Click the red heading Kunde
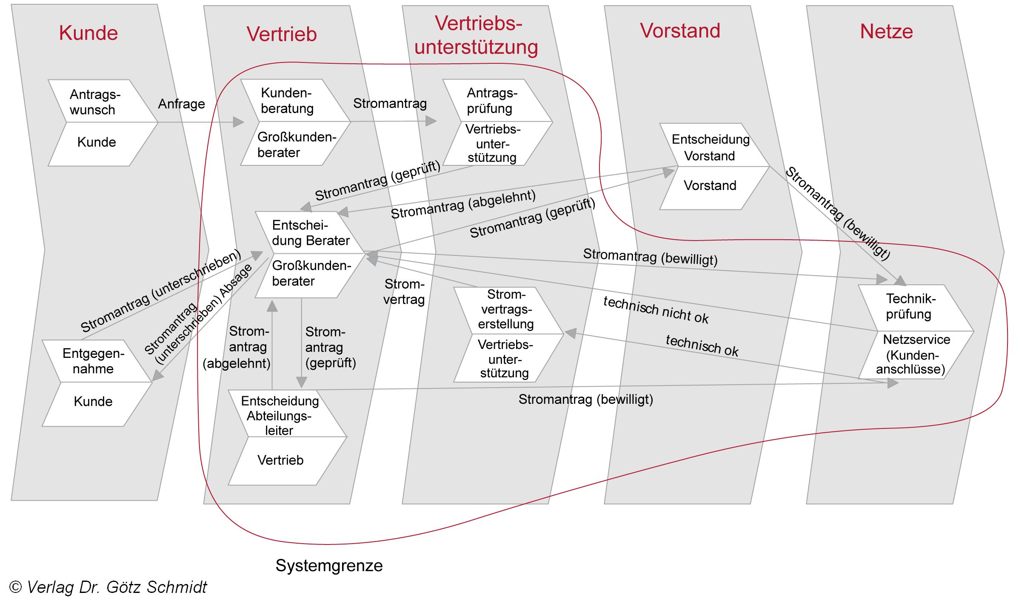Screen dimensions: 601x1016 coord(88,33)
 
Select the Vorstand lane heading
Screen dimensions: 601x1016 coord(679,31)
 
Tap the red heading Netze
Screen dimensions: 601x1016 coord(886,31)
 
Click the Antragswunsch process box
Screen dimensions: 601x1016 coord(95,102)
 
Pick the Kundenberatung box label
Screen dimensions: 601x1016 coord(287,101)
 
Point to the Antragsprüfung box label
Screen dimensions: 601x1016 coord(492,101)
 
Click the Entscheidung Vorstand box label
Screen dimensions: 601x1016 coord(710,147)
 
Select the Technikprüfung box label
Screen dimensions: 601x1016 coord(910,306)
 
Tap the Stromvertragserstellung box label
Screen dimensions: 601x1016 coord(505,309)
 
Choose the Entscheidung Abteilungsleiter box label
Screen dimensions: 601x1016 coord(280,415)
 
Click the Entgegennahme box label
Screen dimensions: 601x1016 coord(93,361)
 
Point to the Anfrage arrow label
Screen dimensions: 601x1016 coord(182,104)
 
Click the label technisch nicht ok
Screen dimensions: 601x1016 coord(656,310)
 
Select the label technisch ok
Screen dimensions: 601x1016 coord(702,345)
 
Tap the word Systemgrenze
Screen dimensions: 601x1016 coord(329,565)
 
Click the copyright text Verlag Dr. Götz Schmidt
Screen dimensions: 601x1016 coord(108,587)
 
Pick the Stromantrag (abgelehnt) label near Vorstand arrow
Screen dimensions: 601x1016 coord(463,204)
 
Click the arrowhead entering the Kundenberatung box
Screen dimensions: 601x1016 coord(239,122)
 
